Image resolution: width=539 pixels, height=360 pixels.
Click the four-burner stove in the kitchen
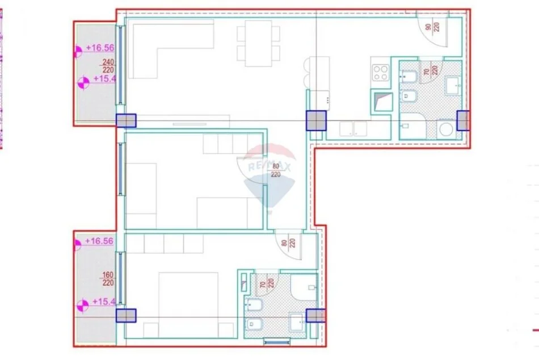(x=380, y=72)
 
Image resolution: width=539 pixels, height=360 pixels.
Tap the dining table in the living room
(x=259, y=43)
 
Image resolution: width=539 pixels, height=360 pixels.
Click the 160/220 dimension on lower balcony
(x=107, y=279)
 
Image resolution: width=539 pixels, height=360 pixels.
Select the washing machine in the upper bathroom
(x=445, y=129)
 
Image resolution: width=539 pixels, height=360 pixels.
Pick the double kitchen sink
(x=355, y=129)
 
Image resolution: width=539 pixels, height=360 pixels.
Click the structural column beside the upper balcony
(x=126, y=120)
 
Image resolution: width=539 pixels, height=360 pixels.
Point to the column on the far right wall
(x=463, y=120)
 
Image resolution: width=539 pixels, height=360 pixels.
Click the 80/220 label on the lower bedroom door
(x=288, y=245)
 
